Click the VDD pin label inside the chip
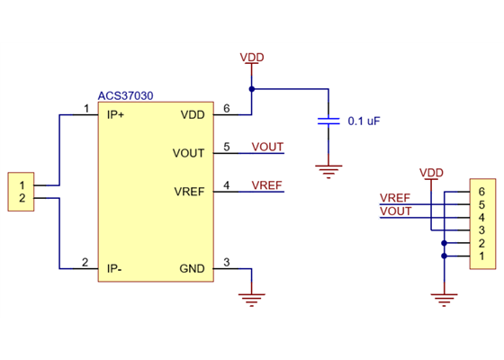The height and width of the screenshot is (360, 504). [193, 114]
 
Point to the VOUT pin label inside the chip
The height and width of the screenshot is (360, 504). [189, 153]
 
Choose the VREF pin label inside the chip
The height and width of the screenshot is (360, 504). [189, 192]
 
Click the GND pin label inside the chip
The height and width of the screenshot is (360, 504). [193, 268]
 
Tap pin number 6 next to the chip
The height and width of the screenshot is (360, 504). [227, 109]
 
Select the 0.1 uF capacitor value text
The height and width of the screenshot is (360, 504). [364, 121]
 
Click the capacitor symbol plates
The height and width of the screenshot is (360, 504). [330, 121]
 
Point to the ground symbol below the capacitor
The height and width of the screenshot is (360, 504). [330, 168]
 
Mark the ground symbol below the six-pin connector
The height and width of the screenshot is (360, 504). [444, 296]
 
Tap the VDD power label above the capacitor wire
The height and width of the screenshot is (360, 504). [252, 58]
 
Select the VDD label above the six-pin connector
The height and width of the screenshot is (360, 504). [431, 173]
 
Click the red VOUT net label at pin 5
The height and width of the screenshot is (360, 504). [267, 147]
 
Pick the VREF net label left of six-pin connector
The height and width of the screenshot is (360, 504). [395, 198]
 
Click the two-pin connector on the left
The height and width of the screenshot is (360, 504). [20, 192]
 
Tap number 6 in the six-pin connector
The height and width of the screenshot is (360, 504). [482, 192]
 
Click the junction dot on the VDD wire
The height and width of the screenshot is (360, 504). [252, 89]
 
